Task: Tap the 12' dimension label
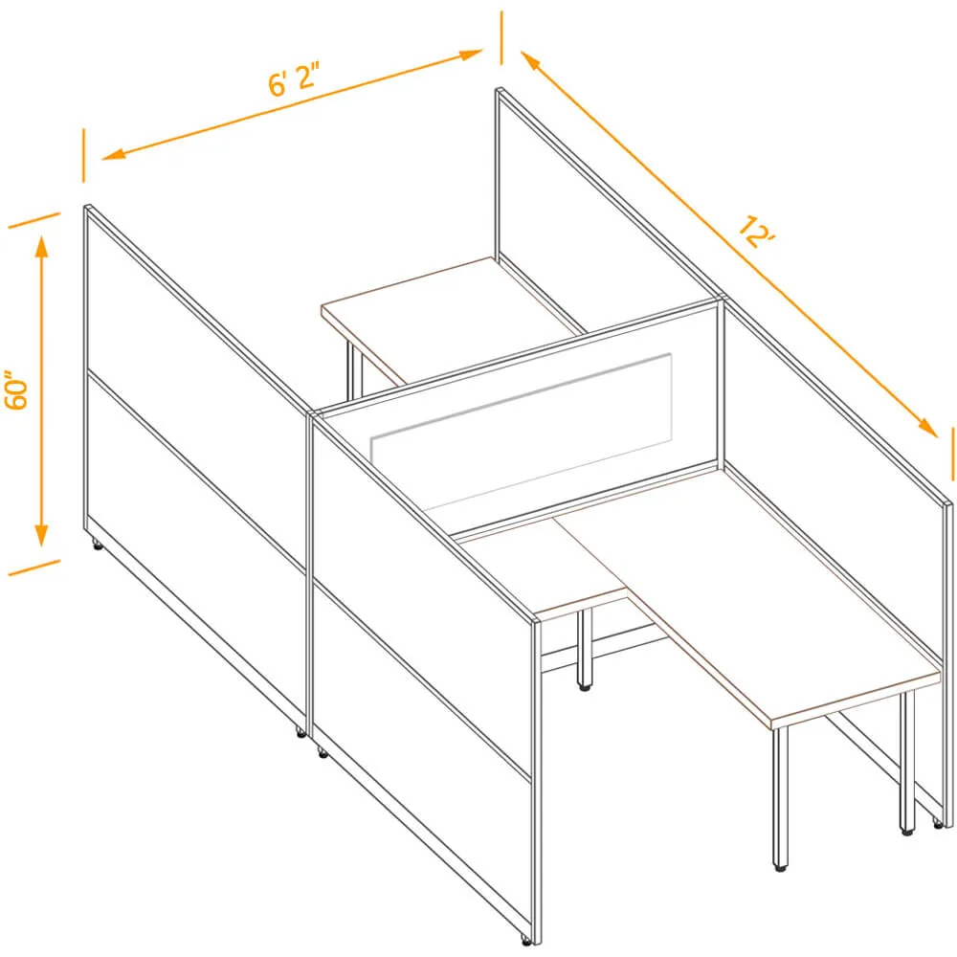(x=756, y=232)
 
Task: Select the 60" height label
(x=16, y=389)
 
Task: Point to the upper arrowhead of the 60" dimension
(x=41, y=247)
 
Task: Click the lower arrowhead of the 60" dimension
(x=41, y=534)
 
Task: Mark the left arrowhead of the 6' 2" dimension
(x=114, y=154)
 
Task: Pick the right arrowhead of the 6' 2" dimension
(x=471, y=55)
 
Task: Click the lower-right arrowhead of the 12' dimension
(x=927, y=428)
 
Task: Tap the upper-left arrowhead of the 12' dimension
(x=531, y=61)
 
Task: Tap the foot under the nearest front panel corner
(x=524, y=941)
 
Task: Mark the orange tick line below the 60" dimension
(x=34, y=568)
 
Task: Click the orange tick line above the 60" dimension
(x=34, y=220)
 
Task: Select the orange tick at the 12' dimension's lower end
(x=952, y=455)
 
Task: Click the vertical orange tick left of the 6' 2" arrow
(x=83, y=155)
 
